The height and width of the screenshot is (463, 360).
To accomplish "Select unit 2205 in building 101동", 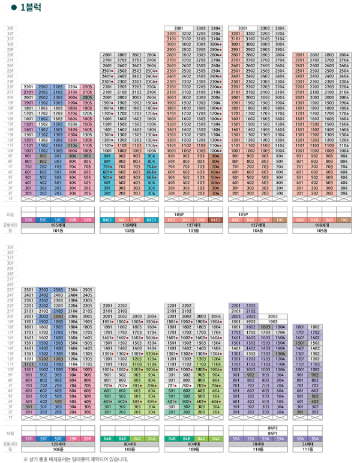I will click(x=87, y=86).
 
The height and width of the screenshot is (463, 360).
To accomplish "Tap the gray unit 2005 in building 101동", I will click(x=87, y=97).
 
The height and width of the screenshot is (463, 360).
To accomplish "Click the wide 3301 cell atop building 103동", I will click(x=178, y=28).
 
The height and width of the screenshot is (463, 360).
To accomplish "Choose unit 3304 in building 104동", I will click(x=280, y=28).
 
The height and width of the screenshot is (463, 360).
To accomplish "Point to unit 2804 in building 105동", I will click(x=344, y=55).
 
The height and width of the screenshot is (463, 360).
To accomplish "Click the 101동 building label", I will click(x=58, y=230).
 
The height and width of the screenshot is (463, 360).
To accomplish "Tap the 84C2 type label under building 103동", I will click(x=215, y=220).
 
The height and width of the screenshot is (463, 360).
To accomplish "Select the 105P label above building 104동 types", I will click(x=242, y=214).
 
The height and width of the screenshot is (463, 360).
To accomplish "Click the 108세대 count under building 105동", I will click(x=321, y=225).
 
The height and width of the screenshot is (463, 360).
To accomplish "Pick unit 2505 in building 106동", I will click(x=87, y=289).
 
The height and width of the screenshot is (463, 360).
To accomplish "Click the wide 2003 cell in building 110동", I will click(x=272, y=316).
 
